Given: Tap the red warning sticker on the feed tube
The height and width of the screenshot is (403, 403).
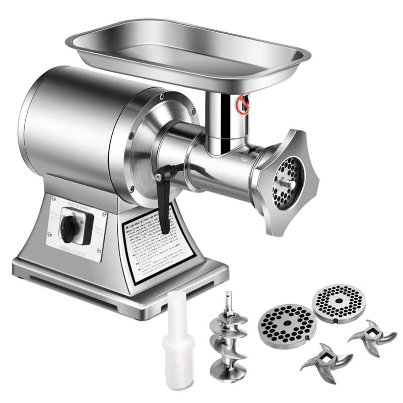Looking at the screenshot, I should tap(244, 104).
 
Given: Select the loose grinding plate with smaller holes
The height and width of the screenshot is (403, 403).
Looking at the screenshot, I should tap(337, 301).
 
